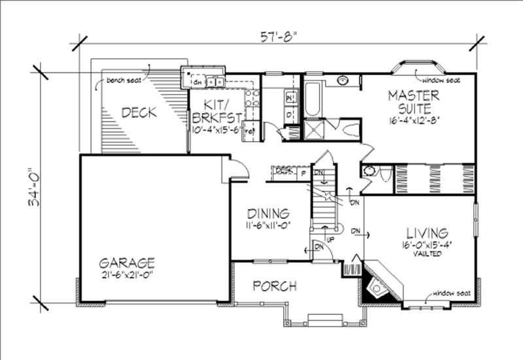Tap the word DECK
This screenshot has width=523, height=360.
coord(139,113)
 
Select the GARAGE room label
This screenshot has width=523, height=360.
coord(127,263)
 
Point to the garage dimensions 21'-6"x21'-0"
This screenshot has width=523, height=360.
coord(127,275)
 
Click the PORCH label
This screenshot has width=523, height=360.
coord(275,286)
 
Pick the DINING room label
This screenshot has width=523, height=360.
coord(267,214)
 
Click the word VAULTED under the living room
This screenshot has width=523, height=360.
coord(427,254)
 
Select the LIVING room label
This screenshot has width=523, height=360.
coord(427,233)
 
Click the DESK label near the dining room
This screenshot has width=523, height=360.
coord(283,172)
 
